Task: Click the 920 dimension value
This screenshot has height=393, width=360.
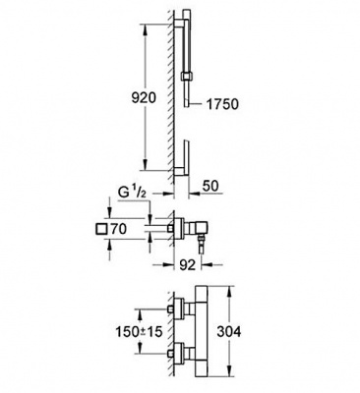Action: (144, 97)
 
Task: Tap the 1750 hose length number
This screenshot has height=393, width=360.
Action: (222, 104)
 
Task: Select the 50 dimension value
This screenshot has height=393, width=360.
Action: (210, 186)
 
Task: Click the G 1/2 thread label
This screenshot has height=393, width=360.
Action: (132, 193)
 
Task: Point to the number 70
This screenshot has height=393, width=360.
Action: (118, 229)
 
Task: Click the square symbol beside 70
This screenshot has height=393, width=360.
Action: (101, 229)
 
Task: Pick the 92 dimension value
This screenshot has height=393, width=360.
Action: (188, 264)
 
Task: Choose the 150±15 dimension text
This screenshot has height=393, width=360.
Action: (139, 332)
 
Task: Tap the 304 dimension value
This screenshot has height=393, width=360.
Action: (229, 331)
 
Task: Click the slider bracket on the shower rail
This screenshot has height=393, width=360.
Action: (186, 77)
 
